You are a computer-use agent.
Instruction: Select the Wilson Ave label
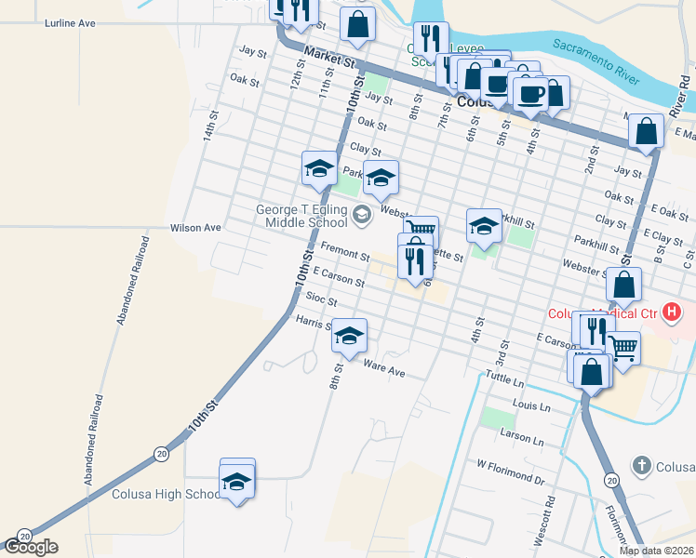click(x=195, y=227)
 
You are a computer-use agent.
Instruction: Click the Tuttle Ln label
click(x=506, y=379)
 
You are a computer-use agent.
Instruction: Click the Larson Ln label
click(x=521, y=437)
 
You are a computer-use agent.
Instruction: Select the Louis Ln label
click(x=531, y=406)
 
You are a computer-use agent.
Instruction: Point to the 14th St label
click(x=211, y=126)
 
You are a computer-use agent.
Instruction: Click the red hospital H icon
click(x=675, y=313)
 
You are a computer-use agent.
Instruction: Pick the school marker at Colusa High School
click(x=237, y=480)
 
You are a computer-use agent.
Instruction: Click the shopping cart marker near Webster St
click(x=422, y=229)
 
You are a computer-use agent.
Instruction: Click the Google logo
click(x=31, y=547)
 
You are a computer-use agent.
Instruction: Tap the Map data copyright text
click(x=656, y=551)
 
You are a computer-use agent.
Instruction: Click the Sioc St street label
click(x=320, y=301)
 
